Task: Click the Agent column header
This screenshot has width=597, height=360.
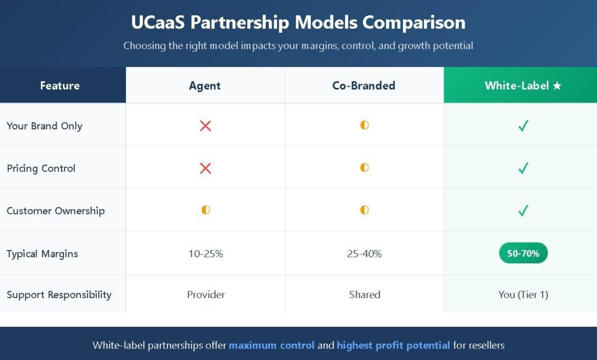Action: pyautogui.click(x=205, y=86)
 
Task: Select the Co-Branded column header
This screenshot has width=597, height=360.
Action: pyautogui.click(x=364, y=86)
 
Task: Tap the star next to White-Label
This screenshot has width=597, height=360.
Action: pyautogui.click(x=557, y=86)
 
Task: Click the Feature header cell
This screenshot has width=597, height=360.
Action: pyautogui.click(x=60, y=86)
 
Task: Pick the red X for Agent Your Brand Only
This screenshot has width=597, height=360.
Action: pyautogui.click(x=206, y=126)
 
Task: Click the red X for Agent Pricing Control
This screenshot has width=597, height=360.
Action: pyautogui.click(x=206, y=168)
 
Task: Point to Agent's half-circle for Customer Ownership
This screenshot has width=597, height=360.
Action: pyautogui.click(x=206, y=210)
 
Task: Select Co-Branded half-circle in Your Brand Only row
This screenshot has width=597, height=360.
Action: pyautogui.click(x=364, y=125)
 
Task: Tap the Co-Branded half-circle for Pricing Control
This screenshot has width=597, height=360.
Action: pyautogui.click(x=364, y=167)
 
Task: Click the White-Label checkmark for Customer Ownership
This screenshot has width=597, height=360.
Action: pyautogui.click(x=524, y=210)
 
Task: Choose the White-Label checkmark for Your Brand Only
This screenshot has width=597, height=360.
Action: pyautogui.click(x=524, y=126)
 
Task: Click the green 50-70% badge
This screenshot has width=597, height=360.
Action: pyautogui.click(x=523, y=253)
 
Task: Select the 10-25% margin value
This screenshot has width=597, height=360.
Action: pyautogui.click(x=206, y=254)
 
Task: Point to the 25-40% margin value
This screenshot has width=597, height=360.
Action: pyautogui.click(x=364, y=254)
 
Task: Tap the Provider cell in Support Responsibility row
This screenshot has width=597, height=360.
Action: pyautogui.click(x=206, y=295)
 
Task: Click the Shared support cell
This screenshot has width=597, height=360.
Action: pyautogui.click(x=365, y=295)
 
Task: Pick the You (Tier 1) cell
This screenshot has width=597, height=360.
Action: pyautogui.click(x=523, y=295)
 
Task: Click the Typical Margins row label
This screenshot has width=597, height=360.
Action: pyautogui.click(x=42, y=254)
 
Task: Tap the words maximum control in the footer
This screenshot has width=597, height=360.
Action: pyautogui.click(x=272, y=345)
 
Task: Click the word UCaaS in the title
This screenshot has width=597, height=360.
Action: pyautogui.click(x=157, y=23)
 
